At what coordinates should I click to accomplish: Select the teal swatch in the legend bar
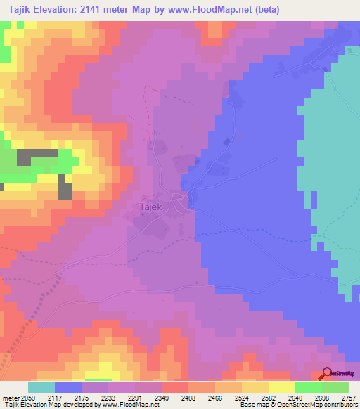(41, 387)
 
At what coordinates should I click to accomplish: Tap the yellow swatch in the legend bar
(281, 387)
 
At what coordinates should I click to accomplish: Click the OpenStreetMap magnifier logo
(326, 375)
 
